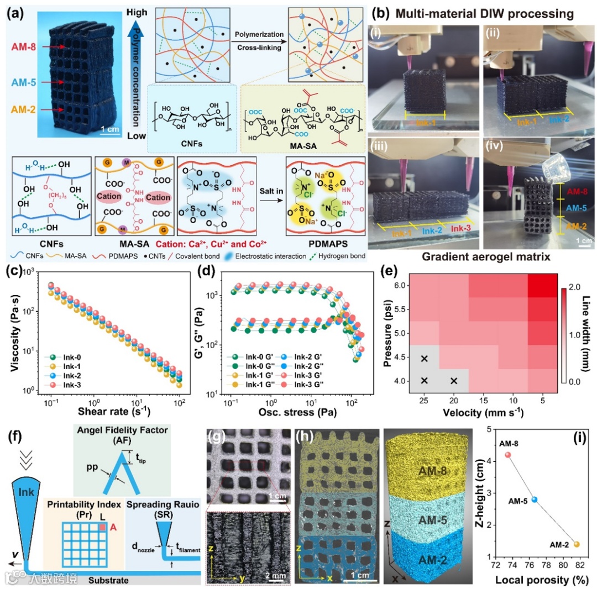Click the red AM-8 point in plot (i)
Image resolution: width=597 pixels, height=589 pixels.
pyautogui.click(x=508, y=455)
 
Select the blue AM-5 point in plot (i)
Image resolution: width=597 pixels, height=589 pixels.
pyautogui.click(x=534, y=499)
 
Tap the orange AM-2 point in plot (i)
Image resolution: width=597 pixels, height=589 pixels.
pyautogui.click(x=577, y=544)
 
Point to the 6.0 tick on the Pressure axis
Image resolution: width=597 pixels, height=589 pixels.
pyautogui.click(x=397, y=285)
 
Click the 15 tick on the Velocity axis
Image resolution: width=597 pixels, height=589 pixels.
pyautogui.click(x=484, y=399)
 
